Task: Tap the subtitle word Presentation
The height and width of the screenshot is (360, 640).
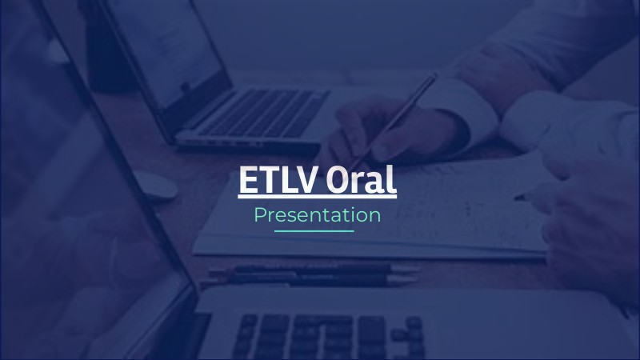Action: click(317, 215)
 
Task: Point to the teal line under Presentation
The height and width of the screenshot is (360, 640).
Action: click(314, 231)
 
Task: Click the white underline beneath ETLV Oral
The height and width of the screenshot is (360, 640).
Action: click(317, 196)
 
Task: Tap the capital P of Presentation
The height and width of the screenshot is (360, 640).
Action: click(259, 215)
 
